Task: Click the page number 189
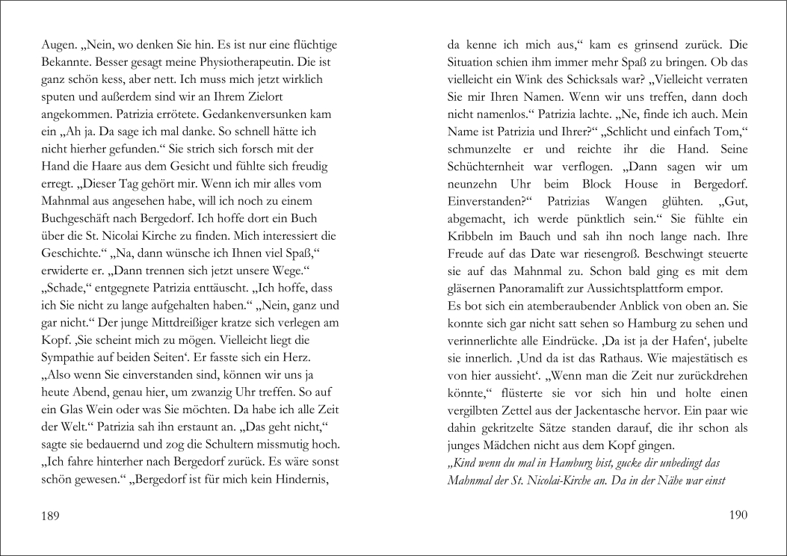(x=51, y=515)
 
